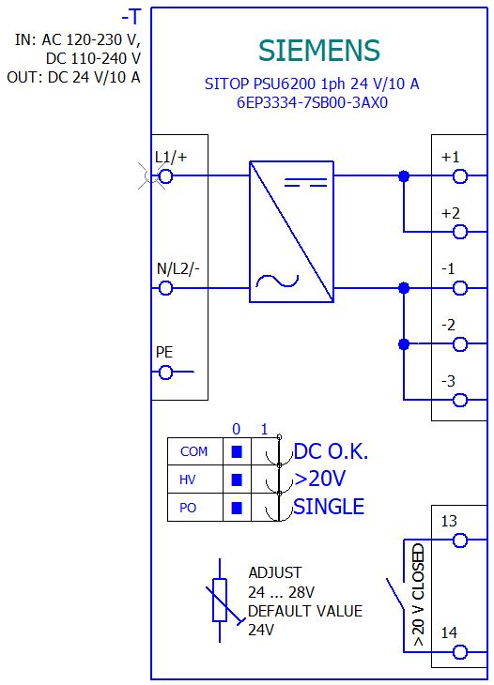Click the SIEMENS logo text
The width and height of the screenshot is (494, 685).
click(x=318, y=51)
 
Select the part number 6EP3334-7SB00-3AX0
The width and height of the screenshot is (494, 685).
click(x=312, y=102)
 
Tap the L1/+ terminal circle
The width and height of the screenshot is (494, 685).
click(x=165, y=176)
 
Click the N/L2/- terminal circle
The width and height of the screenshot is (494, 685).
click(x=165, y=288)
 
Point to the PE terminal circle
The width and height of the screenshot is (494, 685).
click(x=165, y=373)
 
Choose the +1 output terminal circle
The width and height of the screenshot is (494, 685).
click(x=460, y=176)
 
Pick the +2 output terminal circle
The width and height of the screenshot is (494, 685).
click(x=460, y=232)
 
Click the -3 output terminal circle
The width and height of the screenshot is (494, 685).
click(x=460, y=400)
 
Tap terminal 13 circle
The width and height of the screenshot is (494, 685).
click(x=460, y=540)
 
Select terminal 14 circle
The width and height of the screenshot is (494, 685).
click(x=460, y=653)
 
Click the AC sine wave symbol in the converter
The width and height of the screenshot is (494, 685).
click(x=277, y=282)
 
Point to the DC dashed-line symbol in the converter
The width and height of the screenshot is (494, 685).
click(x=305, y=182)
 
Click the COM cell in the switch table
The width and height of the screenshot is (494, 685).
click(x=194, y=451)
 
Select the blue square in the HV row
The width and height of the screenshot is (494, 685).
click(x=237, y=479)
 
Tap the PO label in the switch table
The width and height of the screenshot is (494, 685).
click(x=188, y=508)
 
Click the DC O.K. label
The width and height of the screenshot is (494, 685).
click(x=331, y=451)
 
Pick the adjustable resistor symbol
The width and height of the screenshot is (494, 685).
click(x=220, y=600)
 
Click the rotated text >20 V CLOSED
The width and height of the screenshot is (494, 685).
click(x=418, y=595)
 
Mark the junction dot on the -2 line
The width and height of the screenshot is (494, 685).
click(x=404, y=344)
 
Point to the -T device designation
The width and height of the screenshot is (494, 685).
click(x=131, y=18)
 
